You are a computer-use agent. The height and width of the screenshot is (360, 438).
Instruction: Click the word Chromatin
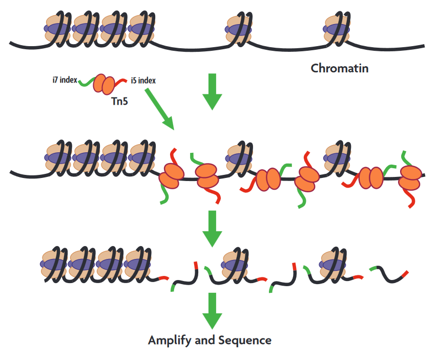point(340,68)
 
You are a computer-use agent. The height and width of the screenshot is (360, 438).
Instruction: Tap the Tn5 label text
point(119,101)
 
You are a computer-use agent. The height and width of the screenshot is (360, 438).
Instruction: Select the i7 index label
point(64,80)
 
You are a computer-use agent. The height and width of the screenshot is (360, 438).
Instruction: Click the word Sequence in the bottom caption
point(245,340)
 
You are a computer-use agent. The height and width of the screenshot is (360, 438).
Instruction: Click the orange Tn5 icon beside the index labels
point(104,83)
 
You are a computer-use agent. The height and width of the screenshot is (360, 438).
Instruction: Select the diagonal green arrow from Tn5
point(160,109)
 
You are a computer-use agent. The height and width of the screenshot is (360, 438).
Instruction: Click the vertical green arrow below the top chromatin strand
point(212,91)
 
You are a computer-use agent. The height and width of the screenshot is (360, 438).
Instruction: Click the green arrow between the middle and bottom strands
point(212,228)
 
